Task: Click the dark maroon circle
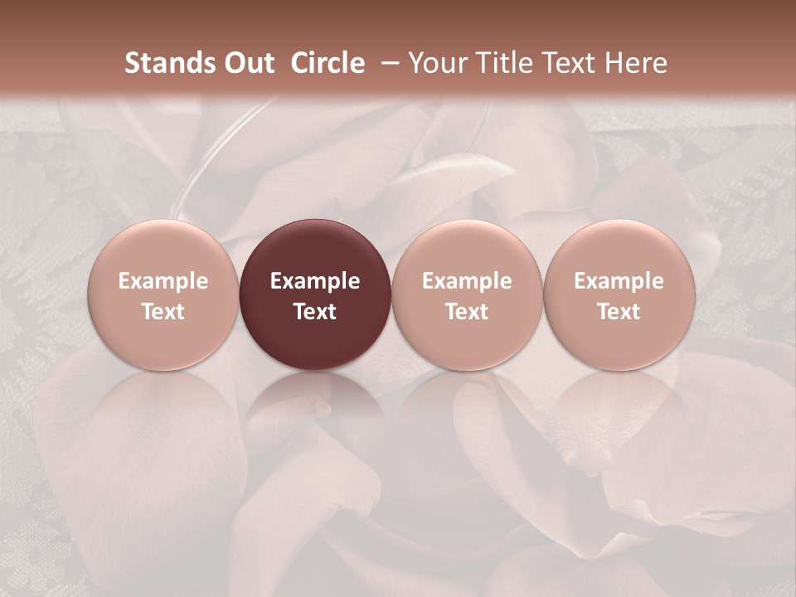click(315, 294)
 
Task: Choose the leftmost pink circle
click(163, 294)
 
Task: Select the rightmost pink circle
click(619, 294)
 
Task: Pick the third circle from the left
click(467, 294)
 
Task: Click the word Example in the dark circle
click(315, 281)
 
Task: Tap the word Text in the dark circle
click(315, 312)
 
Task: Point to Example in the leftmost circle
click(163, 281)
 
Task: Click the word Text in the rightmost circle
click(619, 312)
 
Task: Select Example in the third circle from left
click(467, 281)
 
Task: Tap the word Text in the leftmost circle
click(163, 312)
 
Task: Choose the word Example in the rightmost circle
click(619, 281)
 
